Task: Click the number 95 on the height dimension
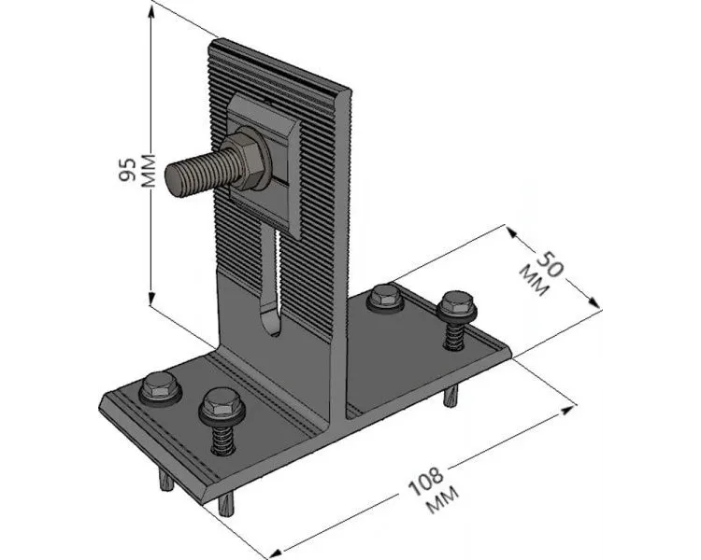[x=127, y=170]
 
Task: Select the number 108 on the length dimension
[x=427, y=482]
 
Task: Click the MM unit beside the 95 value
[x=148, y=171]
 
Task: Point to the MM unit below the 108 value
[x=443, y=500]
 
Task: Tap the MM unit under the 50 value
[x=533, y=280]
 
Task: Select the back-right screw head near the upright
[x=385, y=296]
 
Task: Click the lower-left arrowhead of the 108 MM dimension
[x=278, y=552]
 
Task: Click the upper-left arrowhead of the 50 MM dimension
[x=512, y=232]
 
